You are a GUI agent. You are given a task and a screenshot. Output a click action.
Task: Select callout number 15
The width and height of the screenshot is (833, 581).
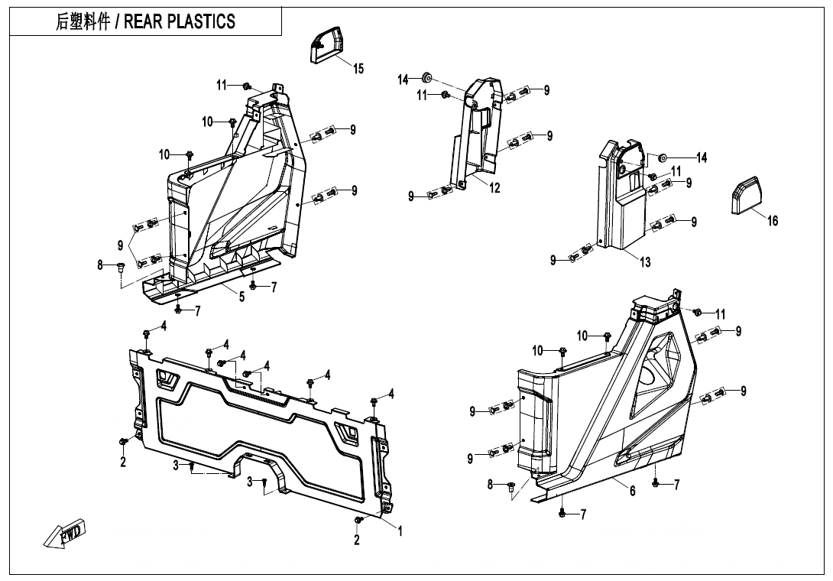(x=358, y=69)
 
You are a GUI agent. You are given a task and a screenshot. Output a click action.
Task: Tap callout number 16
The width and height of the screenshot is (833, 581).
(x=773, y=221)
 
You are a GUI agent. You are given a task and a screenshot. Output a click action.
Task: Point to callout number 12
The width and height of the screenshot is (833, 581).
(x=494, y=189)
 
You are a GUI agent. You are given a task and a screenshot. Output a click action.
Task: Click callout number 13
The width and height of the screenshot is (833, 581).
(x=645, y=262)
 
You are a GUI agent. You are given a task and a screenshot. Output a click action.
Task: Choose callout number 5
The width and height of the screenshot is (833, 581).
(x=241, y=297)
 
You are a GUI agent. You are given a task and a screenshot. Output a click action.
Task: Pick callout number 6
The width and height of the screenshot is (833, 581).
(x=633, y=492)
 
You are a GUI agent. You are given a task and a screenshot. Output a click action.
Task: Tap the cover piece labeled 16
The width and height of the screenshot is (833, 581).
(x=747, y=194)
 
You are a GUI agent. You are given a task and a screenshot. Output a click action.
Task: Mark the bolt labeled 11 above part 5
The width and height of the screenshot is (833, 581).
(x=247, y=86)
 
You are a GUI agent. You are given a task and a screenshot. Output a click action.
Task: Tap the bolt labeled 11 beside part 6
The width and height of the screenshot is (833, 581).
(x=697, y=312)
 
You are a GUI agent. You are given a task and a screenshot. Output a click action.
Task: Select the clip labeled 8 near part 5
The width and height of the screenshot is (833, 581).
(x=120, y=266)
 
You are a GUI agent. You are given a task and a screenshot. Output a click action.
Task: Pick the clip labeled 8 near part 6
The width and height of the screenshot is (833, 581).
(x=510, y=485)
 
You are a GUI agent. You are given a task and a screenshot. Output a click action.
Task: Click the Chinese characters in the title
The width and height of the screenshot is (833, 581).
(x=82, y=21)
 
